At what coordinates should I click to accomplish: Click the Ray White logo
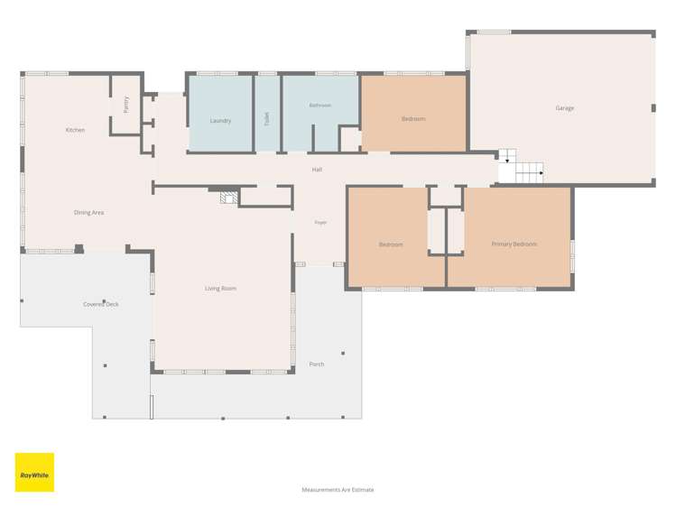click(x=34, y=472)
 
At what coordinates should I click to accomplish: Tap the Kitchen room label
click(x=75, y=130)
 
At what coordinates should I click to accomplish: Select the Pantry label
click(x=125, y=105)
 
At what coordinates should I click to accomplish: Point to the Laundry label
click(x=220, y=121)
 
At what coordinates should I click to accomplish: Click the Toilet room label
click(x=267, y=118)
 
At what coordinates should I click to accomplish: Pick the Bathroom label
click(x=319, y=106)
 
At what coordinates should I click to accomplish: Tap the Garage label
click(x=564, y=108)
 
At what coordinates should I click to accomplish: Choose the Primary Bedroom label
click(x=514, y=244)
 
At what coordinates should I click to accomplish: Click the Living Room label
click(x=220, y=288)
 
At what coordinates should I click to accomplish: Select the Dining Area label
click(x=88, y=212)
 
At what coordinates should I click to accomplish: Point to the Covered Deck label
click(x=101, y=304)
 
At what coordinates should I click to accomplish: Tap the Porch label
click(x=317, y=364)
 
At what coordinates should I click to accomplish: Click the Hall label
click(x=317, y=170)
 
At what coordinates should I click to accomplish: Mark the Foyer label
click(x=320, y=222)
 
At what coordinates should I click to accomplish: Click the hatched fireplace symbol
click(x=229, y=198)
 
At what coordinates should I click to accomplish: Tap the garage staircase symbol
click(x=521, y=166)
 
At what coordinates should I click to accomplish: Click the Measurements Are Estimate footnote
click(x=338, y=490)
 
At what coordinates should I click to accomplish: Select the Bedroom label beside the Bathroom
click(x=413, y=119)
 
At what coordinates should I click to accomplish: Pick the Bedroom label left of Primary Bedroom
click(x=391, y=244)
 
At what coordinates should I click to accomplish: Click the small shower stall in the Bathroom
click(x=350, y=139)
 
